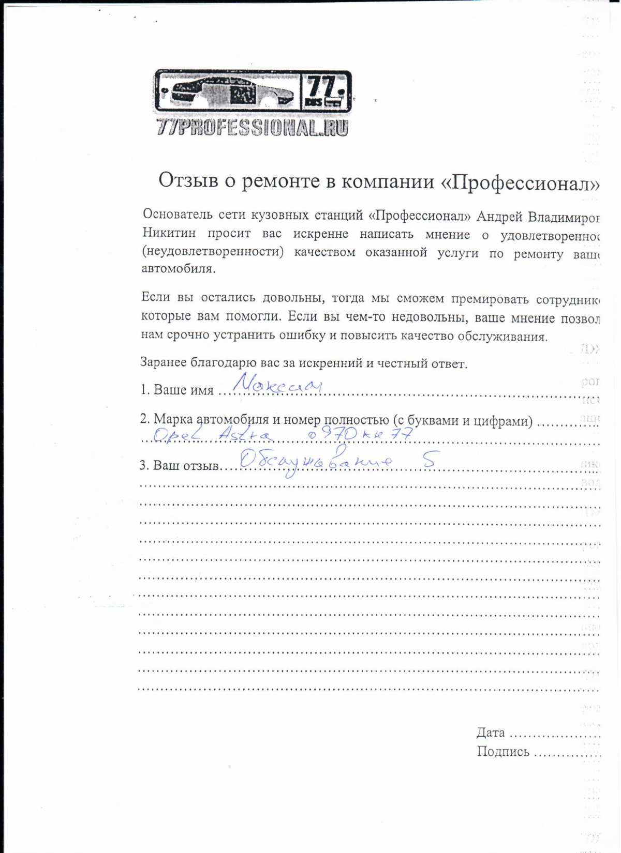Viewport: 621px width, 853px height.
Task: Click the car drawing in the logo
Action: (228, 92)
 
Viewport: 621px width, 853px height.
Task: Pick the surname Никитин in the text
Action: (169, 233)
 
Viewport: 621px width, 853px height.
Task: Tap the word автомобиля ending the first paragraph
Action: (178, 269)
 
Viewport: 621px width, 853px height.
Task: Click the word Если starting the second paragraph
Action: (155, 297)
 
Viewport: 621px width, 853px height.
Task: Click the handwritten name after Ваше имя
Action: (277, 385)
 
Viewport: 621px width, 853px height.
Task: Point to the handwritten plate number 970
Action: (339, 434)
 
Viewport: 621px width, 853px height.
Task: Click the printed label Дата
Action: (491, 733)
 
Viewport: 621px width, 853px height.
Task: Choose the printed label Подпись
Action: (503, 752)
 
